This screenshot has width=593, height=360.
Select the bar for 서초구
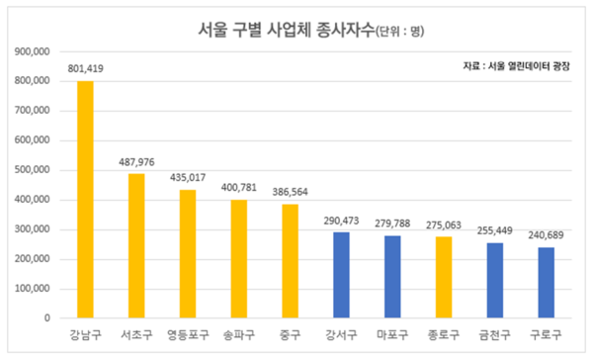(x=136, y=246)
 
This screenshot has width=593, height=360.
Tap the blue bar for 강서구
(x=341, y=276)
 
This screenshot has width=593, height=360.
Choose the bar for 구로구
(x=546, y=283)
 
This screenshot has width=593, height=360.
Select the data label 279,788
(x=392, y=224)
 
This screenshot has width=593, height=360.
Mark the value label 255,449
(x=494, y=230)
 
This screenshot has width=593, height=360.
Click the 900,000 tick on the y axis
(x=34, y=50)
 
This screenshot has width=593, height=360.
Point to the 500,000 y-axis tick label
(x=34, y=170)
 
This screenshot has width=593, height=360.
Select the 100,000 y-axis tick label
(x=34, y=290)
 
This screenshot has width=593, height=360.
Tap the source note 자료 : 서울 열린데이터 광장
(x=518, y=67)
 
